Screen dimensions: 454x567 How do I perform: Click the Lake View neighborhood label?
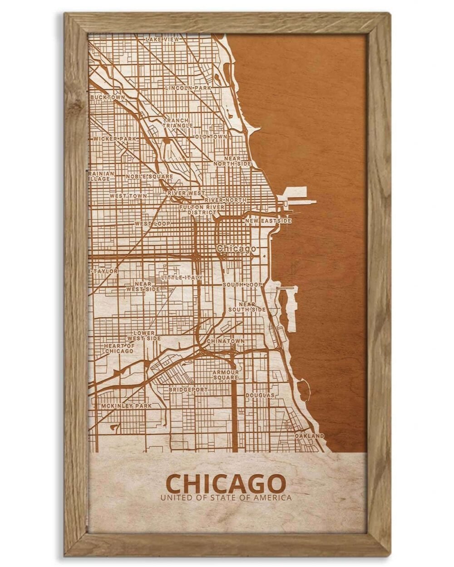(x=163, y=40)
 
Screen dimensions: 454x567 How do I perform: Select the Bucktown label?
(x=108, y=97)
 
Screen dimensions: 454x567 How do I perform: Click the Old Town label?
(x=211, y=137)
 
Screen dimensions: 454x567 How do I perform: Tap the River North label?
(x=226, y=200)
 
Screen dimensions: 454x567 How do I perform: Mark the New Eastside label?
(x=268, y=221)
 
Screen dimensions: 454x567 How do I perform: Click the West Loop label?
(x=152, y=224)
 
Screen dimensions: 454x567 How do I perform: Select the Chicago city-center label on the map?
(x=236, y=249)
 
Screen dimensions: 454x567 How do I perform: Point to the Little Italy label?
(x=182, y=277)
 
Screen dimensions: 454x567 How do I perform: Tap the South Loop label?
(x=242, y=284)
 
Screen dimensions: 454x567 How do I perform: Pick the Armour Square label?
(x=226, y=375)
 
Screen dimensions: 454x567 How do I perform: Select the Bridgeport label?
(x=188, y=390)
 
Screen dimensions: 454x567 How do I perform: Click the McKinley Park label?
(x=126, y=406)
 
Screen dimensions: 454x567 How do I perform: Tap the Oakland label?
(x=310, y=436)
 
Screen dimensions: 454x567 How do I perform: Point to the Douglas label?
(x=260, y=396)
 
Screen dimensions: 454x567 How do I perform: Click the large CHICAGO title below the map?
(x=226, y=484)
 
